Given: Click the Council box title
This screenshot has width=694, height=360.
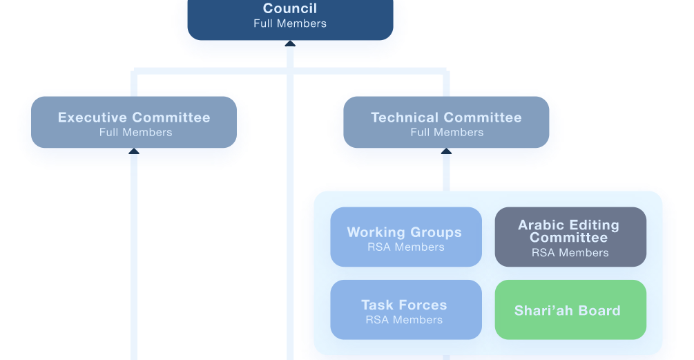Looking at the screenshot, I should [x=290, y=9].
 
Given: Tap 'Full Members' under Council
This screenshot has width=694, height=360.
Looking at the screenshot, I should [x=290, y=23].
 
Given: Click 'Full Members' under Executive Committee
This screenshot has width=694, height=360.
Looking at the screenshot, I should [x=135, y=133].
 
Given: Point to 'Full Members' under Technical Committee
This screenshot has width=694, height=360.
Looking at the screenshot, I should [x=447, y=133].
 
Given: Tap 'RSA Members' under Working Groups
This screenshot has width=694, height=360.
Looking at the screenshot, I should [x=405, y=247].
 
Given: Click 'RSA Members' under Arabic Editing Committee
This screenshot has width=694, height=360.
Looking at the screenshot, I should [x=570, y=253].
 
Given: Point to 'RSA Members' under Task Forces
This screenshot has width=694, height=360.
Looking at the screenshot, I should [x=404, y=320].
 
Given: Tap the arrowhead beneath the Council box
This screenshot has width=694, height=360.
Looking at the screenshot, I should [x=290, y=44].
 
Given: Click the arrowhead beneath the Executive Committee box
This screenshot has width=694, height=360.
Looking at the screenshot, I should [x=134, y=151].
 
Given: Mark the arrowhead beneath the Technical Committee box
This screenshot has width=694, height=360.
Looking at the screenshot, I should [x=446, y=151].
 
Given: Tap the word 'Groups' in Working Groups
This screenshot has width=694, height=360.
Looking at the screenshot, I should [x=435, y=233].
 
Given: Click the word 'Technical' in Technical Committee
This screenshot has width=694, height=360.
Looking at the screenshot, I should [x=405, y=117].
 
